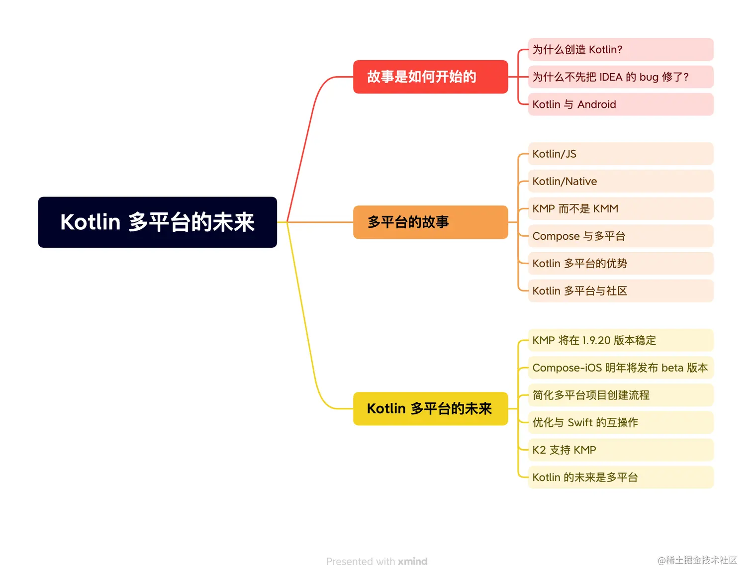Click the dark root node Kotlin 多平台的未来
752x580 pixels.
157,222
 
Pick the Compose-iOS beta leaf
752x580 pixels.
620,368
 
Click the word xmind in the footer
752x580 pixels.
412,561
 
